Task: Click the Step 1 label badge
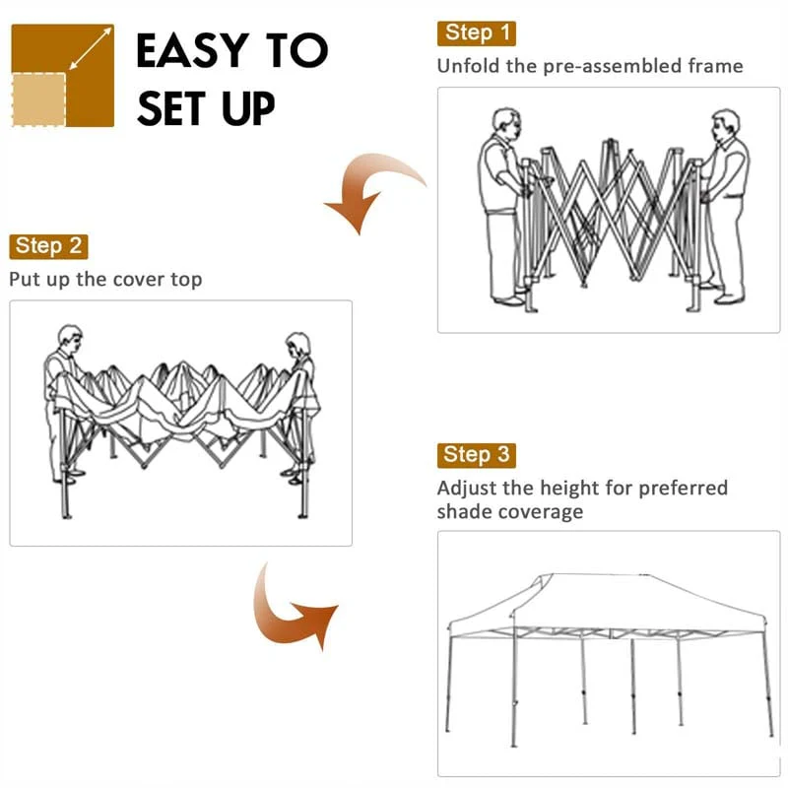click(x=476, y=33)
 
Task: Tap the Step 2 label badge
click(x=48, y=246)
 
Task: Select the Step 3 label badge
click(x=476, y=455)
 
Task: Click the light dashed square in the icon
click(x=39, y=98)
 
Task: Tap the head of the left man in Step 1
click(x=506, y=125)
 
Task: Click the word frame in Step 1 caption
click(x=717, y=67)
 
